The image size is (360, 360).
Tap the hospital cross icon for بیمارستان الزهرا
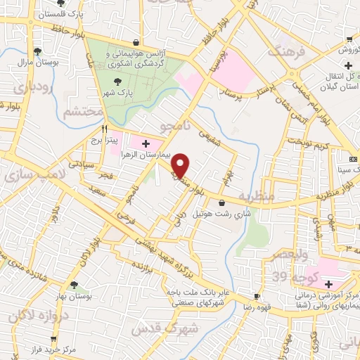[x=145, y=144]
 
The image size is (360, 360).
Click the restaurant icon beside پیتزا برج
[x=105, y=129]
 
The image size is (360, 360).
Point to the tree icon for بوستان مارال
[x=37, y=51]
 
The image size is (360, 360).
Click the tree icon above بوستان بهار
[x=75, y=284]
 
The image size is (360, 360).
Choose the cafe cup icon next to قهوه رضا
[x=257, y=297]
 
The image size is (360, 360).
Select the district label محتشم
[x=78, y=112]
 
